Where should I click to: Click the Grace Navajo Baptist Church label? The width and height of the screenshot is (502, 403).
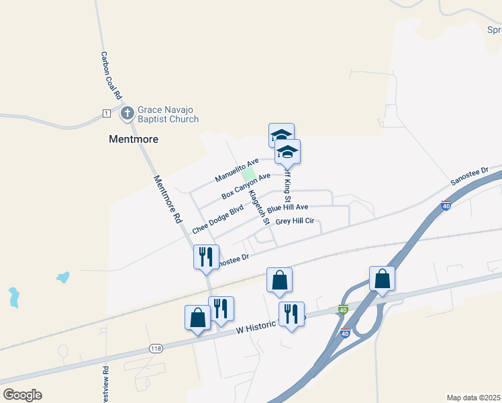[x=168, y=114]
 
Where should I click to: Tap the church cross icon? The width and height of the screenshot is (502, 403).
[x=128, y=114]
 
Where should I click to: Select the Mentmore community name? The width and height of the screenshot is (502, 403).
[x=134, y=140]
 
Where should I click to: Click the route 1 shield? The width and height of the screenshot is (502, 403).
[x=106, y=113]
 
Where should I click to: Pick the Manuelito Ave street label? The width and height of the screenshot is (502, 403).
[x=237, y=170]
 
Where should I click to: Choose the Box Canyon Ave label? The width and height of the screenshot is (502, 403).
[x=246, y=186]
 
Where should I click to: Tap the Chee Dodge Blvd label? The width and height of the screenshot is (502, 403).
[x=217, y=220]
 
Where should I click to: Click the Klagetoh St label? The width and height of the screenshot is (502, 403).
[x=258, y=207]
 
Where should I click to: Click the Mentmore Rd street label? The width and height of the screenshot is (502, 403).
[x=168, y=199]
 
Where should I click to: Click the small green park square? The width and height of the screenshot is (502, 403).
[x=257, y=174]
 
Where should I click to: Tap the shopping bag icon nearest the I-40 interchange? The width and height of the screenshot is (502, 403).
[x=382, y=279]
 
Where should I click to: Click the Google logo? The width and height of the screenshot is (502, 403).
[x=22, y=395]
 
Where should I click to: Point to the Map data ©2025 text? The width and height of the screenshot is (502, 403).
[x=474, y=398]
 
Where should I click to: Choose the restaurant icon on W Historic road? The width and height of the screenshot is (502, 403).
[x=291, y=314]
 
